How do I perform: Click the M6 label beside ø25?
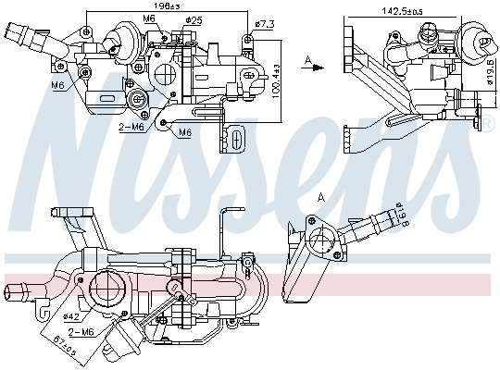(x=150, y=18)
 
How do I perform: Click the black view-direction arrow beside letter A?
(x=316, y=67)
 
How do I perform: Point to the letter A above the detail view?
(x=321, y=197)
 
